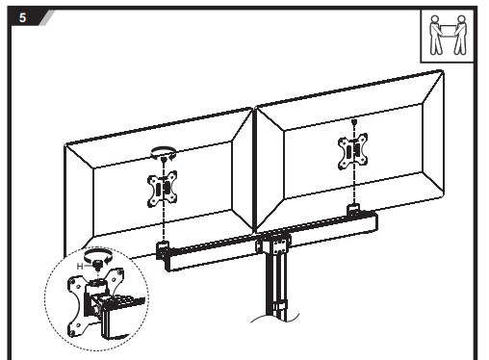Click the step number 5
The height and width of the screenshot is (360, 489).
pyautogui.click(x=22, y=17)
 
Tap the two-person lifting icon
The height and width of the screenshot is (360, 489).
pyautogui.click(x=448, y=36)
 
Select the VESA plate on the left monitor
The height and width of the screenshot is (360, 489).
pyautogui.click(x=163, y=189)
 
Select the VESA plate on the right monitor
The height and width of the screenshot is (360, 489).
pyautogui.click(x=353, y=151)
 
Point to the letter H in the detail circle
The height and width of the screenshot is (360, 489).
pyautogui.click(x=80, y=266)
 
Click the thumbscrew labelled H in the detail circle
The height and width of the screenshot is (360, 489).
pyautogui.click(x=97, y=265)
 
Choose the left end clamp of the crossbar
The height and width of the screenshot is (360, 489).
pyautogui.click(x=163, y=250)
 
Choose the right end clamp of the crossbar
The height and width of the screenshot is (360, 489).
pyautogui.click(x=353, y=210)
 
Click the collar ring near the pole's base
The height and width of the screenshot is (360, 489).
pyautogui.click(x=278, y=305)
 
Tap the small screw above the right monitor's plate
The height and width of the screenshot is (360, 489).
pyautogui.click(x=354, y=122)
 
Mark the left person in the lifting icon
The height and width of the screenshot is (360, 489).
pyautogui.click(x=436, y=36)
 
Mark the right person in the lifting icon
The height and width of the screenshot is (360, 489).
pyautogui.click(x=460, y=36)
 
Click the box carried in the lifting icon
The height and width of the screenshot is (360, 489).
pyautogui.click(x=448, y=31)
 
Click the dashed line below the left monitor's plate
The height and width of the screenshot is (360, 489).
pyautogui.click(x=164, y=224)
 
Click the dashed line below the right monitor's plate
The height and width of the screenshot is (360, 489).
pyautogui.click(x=354, y=187)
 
